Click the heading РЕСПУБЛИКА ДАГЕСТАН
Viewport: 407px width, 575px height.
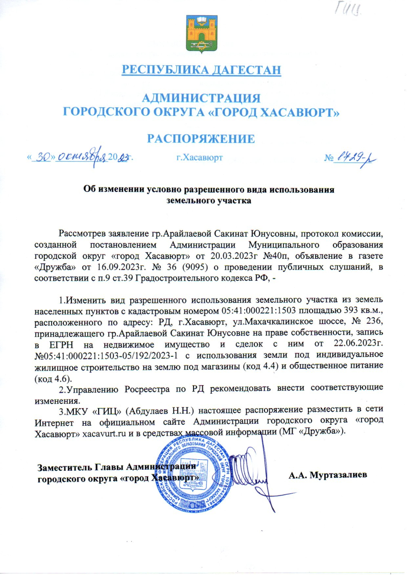201,70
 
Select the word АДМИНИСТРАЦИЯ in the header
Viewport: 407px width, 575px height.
202,99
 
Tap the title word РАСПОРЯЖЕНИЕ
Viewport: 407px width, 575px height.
200,139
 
